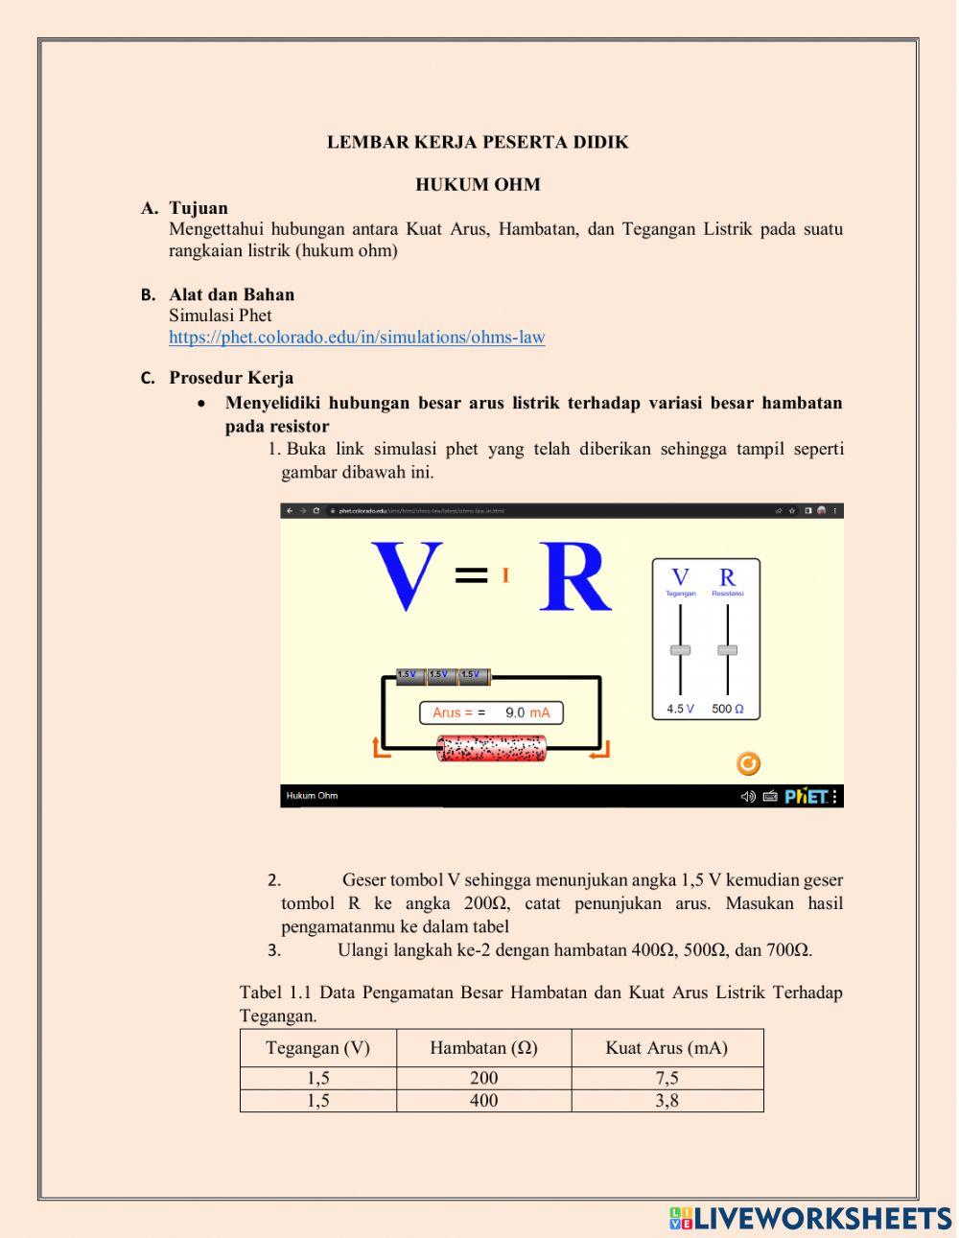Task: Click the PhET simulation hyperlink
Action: (357, 338)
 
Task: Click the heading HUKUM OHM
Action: (478, 185)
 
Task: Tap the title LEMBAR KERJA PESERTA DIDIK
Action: (478, 143)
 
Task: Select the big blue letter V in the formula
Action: (408, 577)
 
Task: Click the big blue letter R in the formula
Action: (574, 577)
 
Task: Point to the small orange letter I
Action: (505, 575)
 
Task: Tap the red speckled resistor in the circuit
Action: (491, 749)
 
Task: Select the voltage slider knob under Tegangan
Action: (680, 650)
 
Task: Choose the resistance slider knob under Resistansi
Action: (728, 650)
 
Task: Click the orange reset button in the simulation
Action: (748, 763)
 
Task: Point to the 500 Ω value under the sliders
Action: (728, 709)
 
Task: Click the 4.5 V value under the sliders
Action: (680, 709)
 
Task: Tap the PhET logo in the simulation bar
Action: (805, 796)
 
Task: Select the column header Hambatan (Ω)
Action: (483, 1048)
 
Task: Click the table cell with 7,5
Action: (667, 1078)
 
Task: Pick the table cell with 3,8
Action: (667, 1101)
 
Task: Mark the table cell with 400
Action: (483, 1101)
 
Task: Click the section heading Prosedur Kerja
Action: (231, 378)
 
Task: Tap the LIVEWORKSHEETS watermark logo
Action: (810, 1218)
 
